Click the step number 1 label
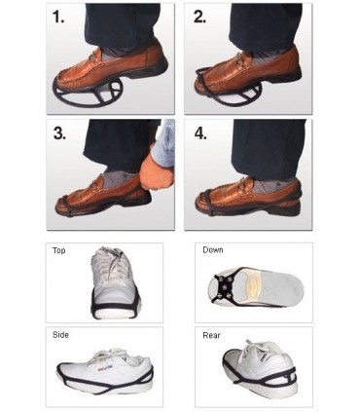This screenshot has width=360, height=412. click(58, 17)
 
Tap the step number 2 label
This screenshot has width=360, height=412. click(199, 17)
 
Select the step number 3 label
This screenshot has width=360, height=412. click(59, 132)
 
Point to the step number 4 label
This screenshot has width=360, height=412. click(201, 133)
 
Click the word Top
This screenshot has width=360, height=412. click(59, 250)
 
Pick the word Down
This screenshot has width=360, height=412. click(213, 250)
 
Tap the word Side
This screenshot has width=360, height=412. click(60, 335)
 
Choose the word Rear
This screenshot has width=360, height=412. click(211, 335)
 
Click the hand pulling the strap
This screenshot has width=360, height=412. click(158, 171)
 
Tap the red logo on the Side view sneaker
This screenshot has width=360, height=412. click(104, 366)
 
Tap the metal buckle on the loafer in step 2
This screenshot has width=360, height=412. click(240, 59)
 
